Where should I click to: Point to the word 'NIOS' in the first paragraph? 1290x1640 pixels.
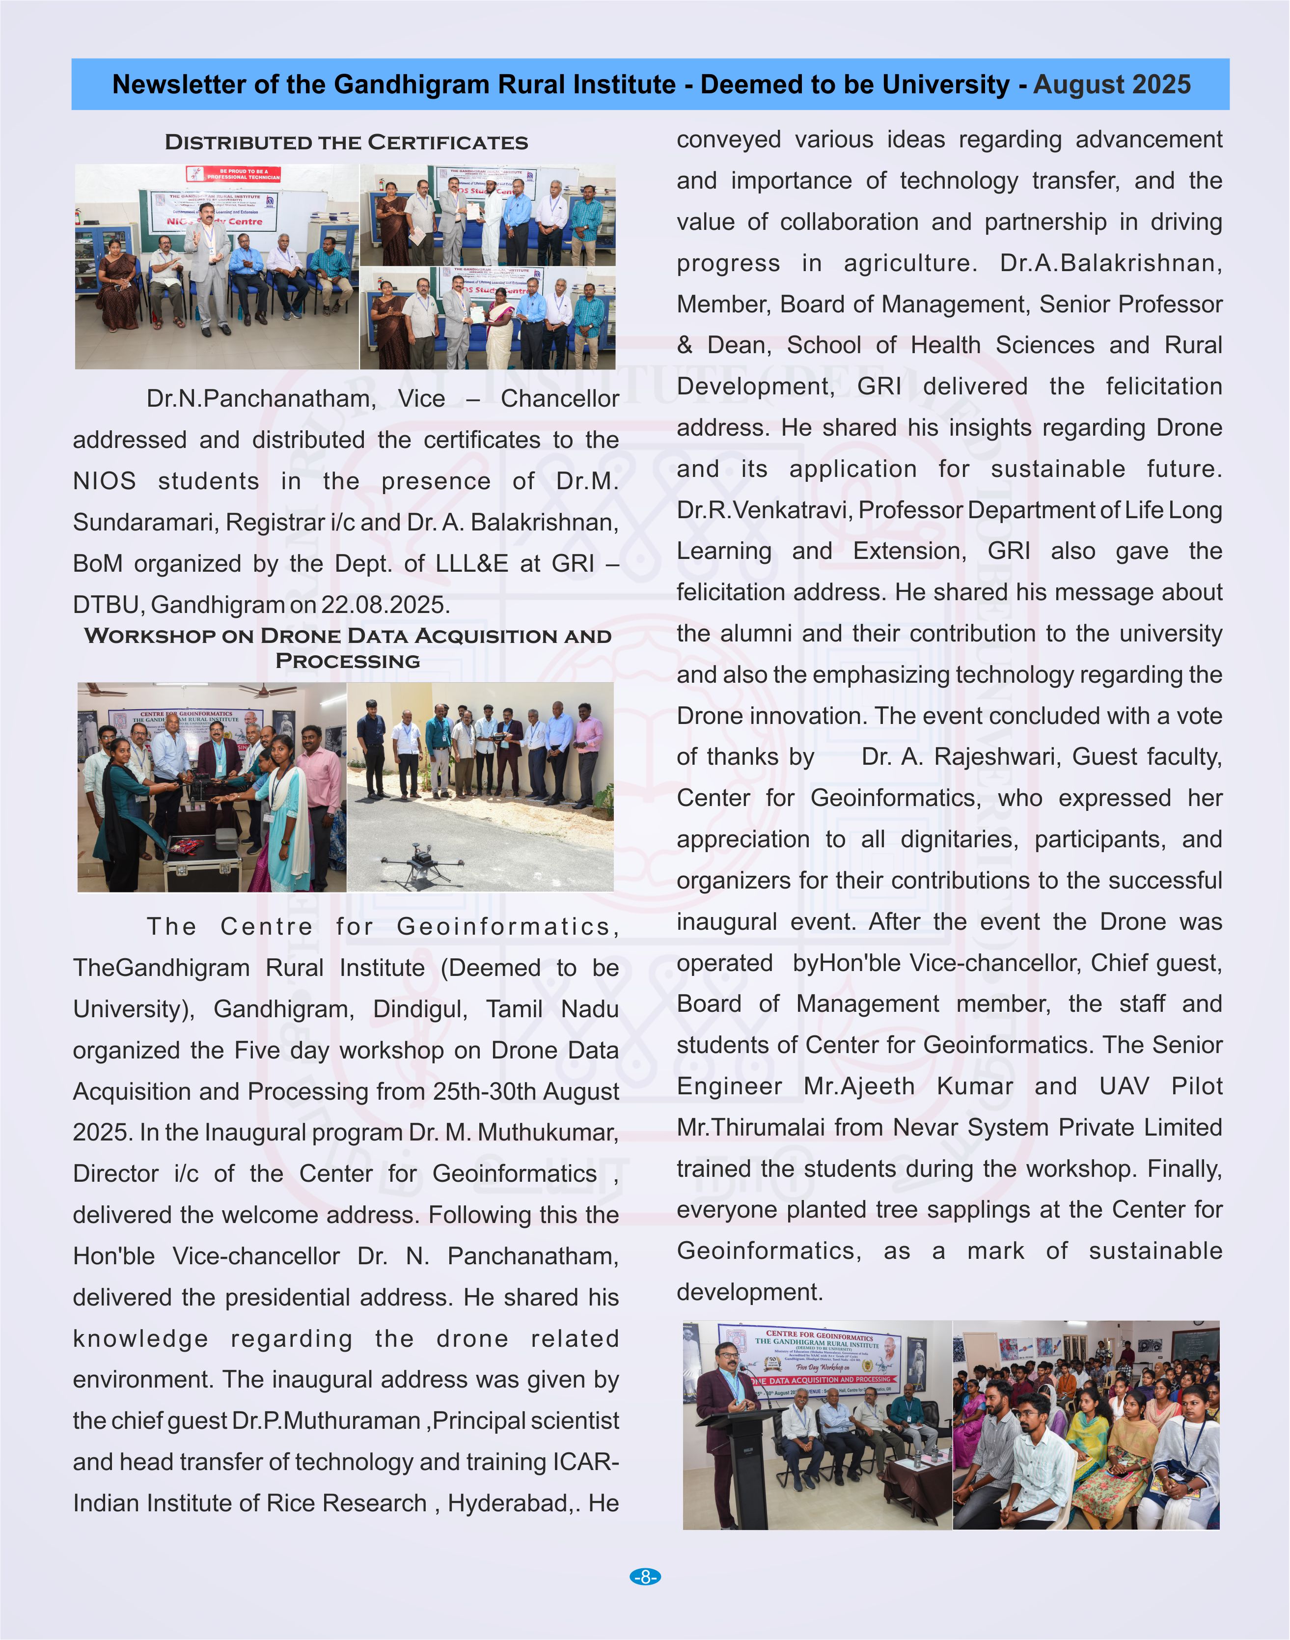pyautogui.click(x=104, y=481)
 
